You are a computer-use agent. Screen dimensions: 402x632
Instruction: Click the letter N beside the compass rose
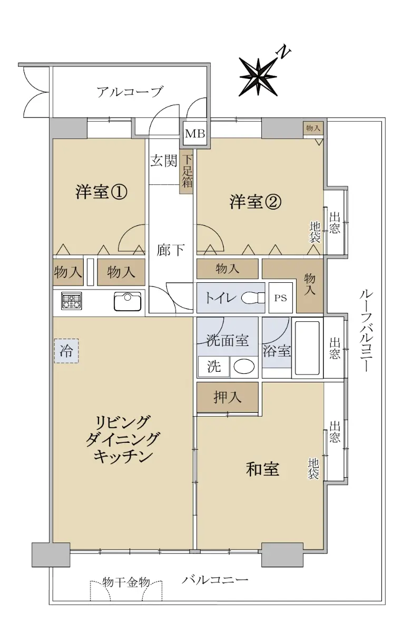click(284, 53)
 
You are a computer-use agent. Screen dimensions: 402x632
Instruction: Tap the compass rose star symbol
click(258, 77)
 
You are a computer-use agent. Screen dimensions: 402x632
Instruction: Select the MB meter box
click(195, 133)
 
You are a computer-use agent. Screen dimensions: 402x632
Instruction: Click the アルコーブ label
click(130, 92)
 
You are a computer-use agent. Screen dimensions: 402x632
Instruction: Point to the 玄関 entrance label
click(164, 161)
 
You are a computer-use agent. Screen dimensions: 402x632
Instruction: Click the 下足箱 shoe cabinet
click(187, 174)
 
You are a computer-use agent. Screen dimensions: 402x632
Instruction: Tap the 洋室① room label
click(101, 192)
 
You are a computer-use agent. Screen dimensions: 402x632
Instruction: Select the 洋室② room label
click(256, 202)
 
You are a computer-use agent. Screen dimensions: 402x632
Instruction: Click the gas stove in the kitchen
click(72, 301)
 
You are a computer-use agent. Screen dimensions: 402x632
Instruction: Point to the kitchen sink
click(128, 302)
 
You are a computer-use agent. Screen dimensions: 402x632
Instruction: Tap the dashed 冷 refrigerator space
click(66, 351)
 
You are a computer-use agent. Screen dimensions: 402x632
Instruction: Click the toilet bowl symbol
click(253, 298)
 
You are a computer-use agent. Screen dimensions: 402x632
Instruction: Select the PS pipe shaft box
click(281, 298)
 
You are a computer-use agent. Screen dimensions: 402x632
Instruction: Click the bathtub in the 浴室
click(307, 348)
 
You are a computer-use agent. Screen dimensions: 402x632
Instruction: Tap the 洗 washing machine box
click(214, 367)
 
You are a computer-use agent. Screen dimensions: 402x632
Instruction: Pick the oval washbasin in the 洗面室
click(244, 367)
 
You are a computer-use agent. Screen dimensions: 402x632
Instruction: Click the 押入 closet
click(228, 397)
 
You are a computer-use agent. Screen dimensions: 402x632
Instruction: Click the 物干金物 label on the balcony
click(126, 582)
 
